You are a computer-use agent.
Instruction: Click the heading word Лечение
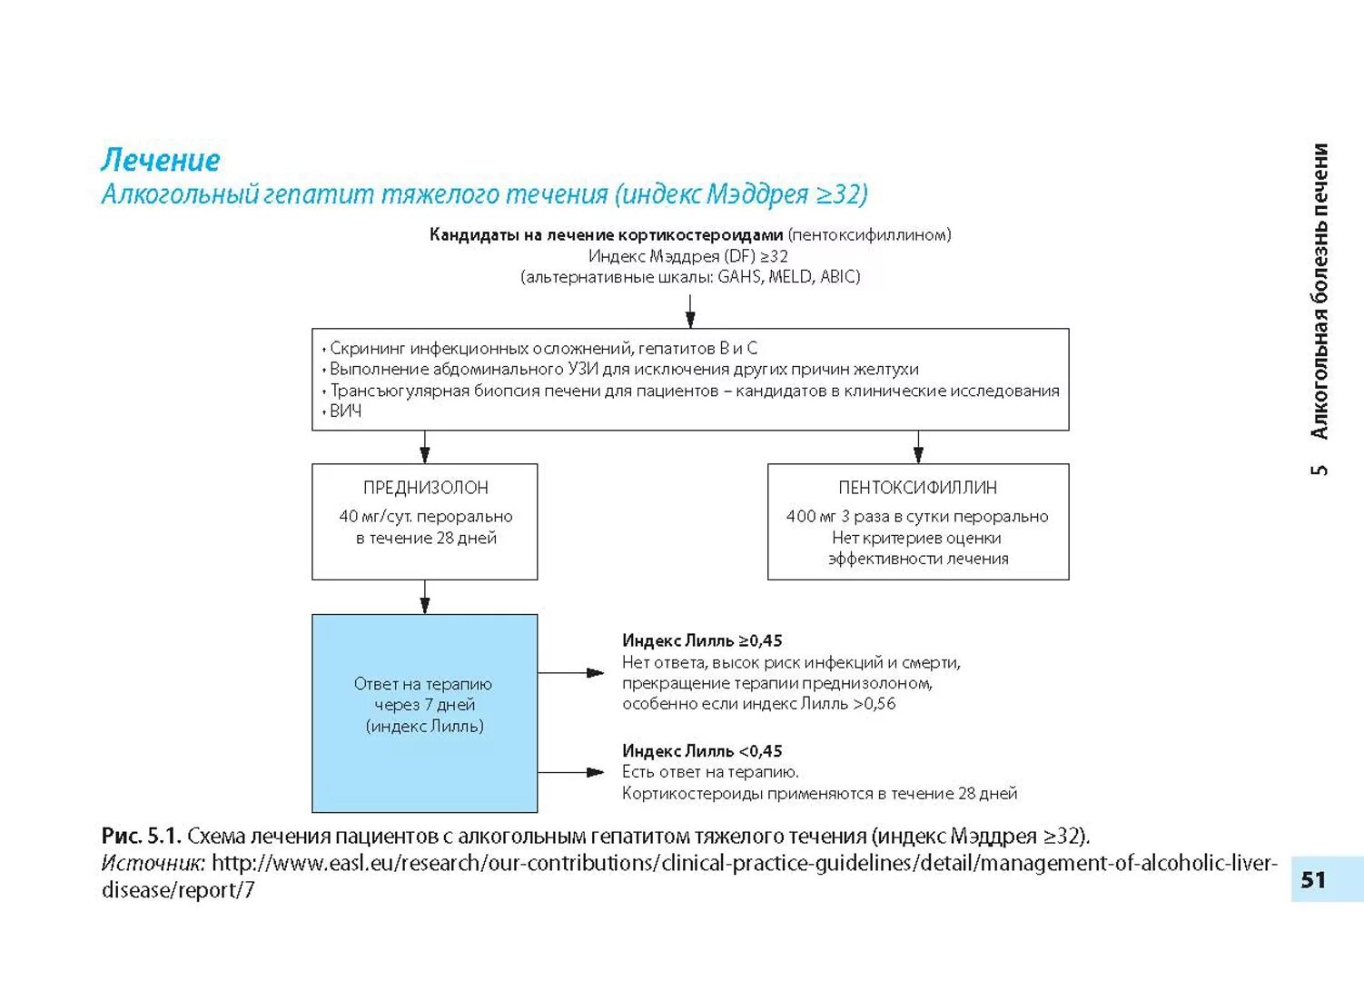click(x=161, y=160)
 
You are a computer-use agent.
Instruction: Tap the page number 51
click(x=1313, y=879)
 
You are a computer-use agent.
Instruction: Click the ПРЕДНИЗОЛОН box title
click(x=425, y=488)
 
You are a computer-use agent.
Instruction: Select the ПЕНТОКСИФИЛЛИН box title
click(x=917, y=488)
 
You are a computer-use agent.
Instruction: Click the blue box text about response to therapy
click(x=424, y=705)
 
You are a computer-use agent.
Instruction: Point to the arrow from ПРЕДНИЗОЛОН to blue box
click(x=425, y=597)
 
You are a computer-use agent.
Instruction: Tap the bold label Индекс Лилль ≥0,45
click(x=702, y=640)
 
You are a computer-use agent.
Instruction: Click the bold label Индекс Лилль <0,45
click(x=702, y=751)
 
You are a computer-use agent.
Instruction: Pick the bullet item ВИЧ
click(x=345, y=411)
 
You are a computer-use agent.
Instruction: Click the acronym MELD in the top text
click(x=789, y=277)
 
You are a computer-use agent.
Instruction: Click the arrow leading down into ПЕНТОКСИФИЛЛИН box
click(x=918, y=447)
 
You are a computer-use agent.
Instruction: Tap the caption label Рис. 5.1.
click(x=141, y=836)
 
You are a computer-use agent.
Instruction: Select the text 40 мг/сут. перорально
click(x=425, y=516)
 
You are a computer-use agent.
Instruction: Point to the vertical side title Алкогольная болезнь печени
click(x=1320, y=291)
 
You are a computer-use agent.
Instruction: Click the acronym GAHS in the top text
click(x=739, y=277)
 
